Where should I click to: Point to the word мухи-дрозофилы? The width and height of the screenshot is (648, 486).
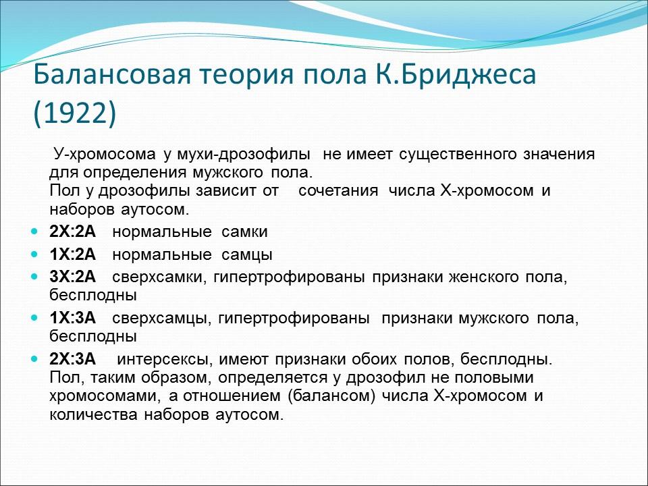coord(238,154)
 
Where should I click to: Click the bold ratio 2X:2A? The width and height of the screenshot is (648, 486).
coord(72,232)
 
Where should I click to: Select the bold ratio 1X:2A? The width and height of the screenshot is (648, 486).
coord(72,255)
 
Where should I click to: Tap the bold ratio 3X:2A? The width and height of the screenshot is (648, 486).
coord(72,277)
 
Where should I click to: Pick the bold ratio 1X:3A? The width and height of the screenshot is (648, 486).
coord(72,317)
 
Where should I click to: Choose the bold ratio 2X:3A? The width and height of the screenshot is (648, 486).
coord(72,358)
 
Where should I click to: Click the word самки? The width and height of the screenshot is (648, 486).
coord(245,232)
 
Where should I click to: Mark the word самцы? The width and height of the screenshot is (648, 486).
coord(247,255)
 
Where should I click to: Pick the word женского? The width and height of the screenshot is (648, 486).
coord(480,277)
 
